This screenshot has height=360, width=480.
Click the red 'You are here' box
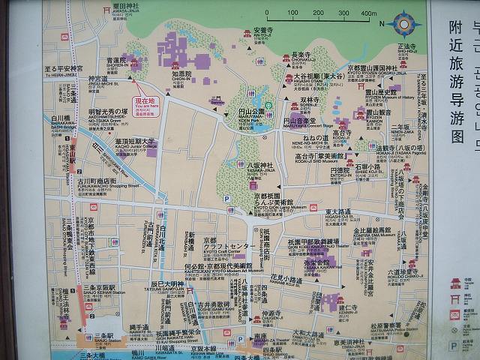(147, 103)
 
